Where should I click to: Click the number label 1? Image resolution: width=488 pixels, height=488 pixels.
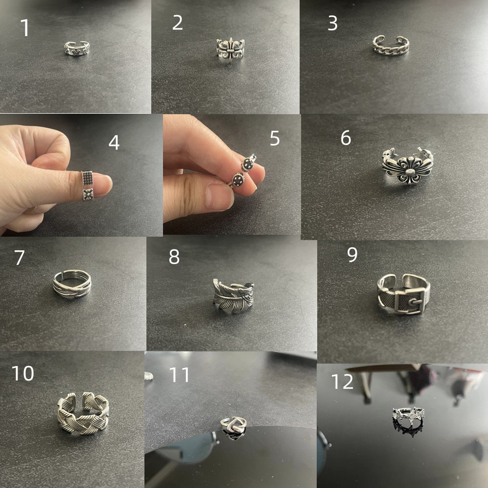25,28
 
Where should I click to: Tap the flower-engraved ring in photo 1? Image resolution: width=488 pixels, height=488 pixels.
77,48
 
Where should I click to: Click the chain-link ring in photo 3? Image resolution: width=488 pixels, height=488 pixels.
391,46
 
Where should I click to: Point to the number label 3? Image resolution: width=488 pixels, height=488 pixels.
332,23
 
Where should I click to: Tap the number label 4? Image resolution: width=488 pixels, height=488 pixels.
114,143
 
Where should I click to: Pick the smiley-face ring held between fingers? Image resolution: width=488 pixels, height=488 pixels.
243,171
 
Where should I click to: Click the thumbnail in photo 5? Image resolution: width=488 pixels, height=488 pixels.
218,196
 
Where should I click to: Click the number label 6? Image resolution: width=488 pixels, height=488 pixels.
346,138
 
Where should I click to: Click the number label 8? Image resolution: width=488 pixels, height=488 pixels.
174,257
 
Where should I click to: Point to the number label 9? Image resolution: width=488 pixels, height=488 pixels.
352,255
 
